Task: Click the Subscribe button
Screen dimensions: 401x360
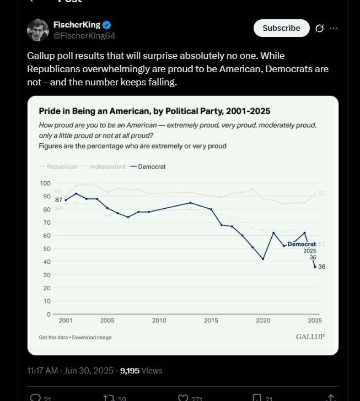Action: point(281,28)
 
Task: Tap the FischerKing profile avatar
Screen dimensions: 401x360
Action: point(38,30)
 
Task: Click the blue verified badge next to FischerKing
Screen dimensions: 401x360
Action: point(108,25)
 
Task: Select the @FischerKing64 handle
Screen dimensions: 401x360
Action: point(84,35)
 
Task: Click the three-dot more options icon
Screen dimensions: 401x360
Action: point(334,29)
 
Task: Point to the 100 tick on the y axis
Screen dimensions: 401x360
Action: point(45,183)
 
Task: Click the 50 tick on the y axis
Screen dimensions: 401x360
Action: point(47,249)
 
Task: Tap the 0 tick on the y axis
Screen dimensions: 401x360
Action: point(49,315)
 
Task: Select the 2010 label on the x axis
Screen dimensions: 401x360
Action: point(159,321)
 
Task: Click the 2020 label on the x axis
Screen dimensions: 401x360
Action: point(263,321)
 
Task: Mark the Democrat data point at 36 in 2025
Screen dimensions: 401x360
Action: point(315,267)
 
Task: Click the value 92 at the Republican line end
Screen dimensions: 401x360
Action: point(322,193)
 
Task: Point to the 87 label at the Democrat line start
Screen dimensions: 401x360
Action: point(59,200)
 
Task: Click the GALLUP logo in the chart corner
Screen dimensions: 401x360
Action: point(310,337)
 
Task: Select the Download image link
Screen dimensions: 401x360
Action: point(92,337)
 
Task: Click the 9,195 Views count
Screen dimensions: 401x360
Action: point(141,371)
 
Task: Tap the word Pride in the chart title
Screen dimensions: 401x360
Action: point(49,111)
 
